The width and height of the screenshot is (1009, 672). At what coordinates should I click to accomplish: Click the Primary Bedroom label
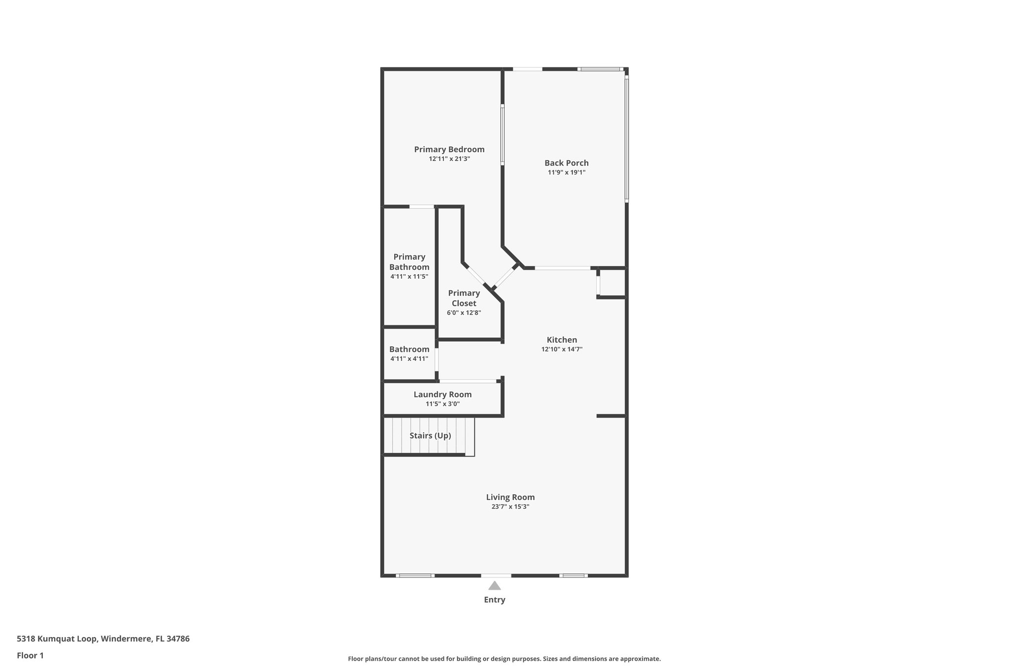pyautogui.click(x=449, y=149)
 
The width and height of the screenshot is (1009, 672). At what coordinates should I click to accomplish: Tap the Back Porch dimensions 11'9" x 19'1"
pyautogui.click(x=566, y=172)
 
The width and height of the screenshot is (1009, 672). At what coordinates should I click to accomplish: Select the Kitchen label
pyautogui.click(x=562, y=340)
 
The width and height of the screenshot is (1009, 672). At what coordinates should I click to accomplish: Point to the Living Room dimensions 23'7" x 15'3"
pyautogui.click(x=510, y=507)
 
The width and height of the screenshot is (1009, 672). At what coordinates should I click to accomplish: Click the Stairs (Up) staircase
pyautogui.click(x=429, y=436)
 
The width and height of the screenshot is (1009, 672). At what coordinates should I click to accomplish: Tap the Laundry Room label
pyautogui.click(x=442, y=394)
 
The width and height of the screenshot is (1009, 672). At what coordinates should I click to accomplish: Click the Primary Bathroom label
pyautogui.click(x=409, y=262)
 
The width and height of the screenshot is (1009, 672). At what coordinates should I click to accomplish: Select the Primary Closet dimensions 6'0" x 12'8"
pyautogui.click(x=464, y=313)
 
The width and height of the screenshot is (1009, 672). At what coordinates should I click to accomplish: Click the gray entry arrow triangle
pyautogui.click(x=495, y=585)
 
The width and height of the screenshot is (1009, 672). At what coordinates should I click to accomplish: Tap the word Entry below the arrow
pyautogui.click(x=495, y=600)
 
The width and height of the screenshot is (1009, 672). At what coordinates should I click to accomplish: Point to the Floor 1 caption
pyautogui.click(x=30, y=655)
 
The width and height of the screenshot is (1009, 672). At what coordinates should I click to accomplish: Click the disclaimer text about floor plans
pyautogui.click(x=504, y=659)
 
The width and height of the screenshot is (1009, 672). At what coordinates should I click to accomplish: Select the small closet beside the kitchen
pyautogui.click(x=612, y=283)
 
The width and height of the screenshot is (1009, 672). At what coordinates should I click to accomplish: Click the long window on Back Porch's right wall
pyautogui.click(x=627, y=138)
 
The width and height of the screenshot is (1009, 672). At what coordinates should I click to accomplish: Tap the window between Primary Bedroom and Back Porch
pyautogui.click(x=503, y=134)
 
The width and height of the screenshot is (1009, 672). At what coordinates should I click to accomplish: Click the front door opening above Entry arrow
pyautogui.click(x=496, y=575)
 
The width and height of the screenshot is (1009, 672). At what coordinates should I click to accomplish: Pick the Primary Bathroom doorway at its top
pyautogui.click(x=422, y=207)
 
